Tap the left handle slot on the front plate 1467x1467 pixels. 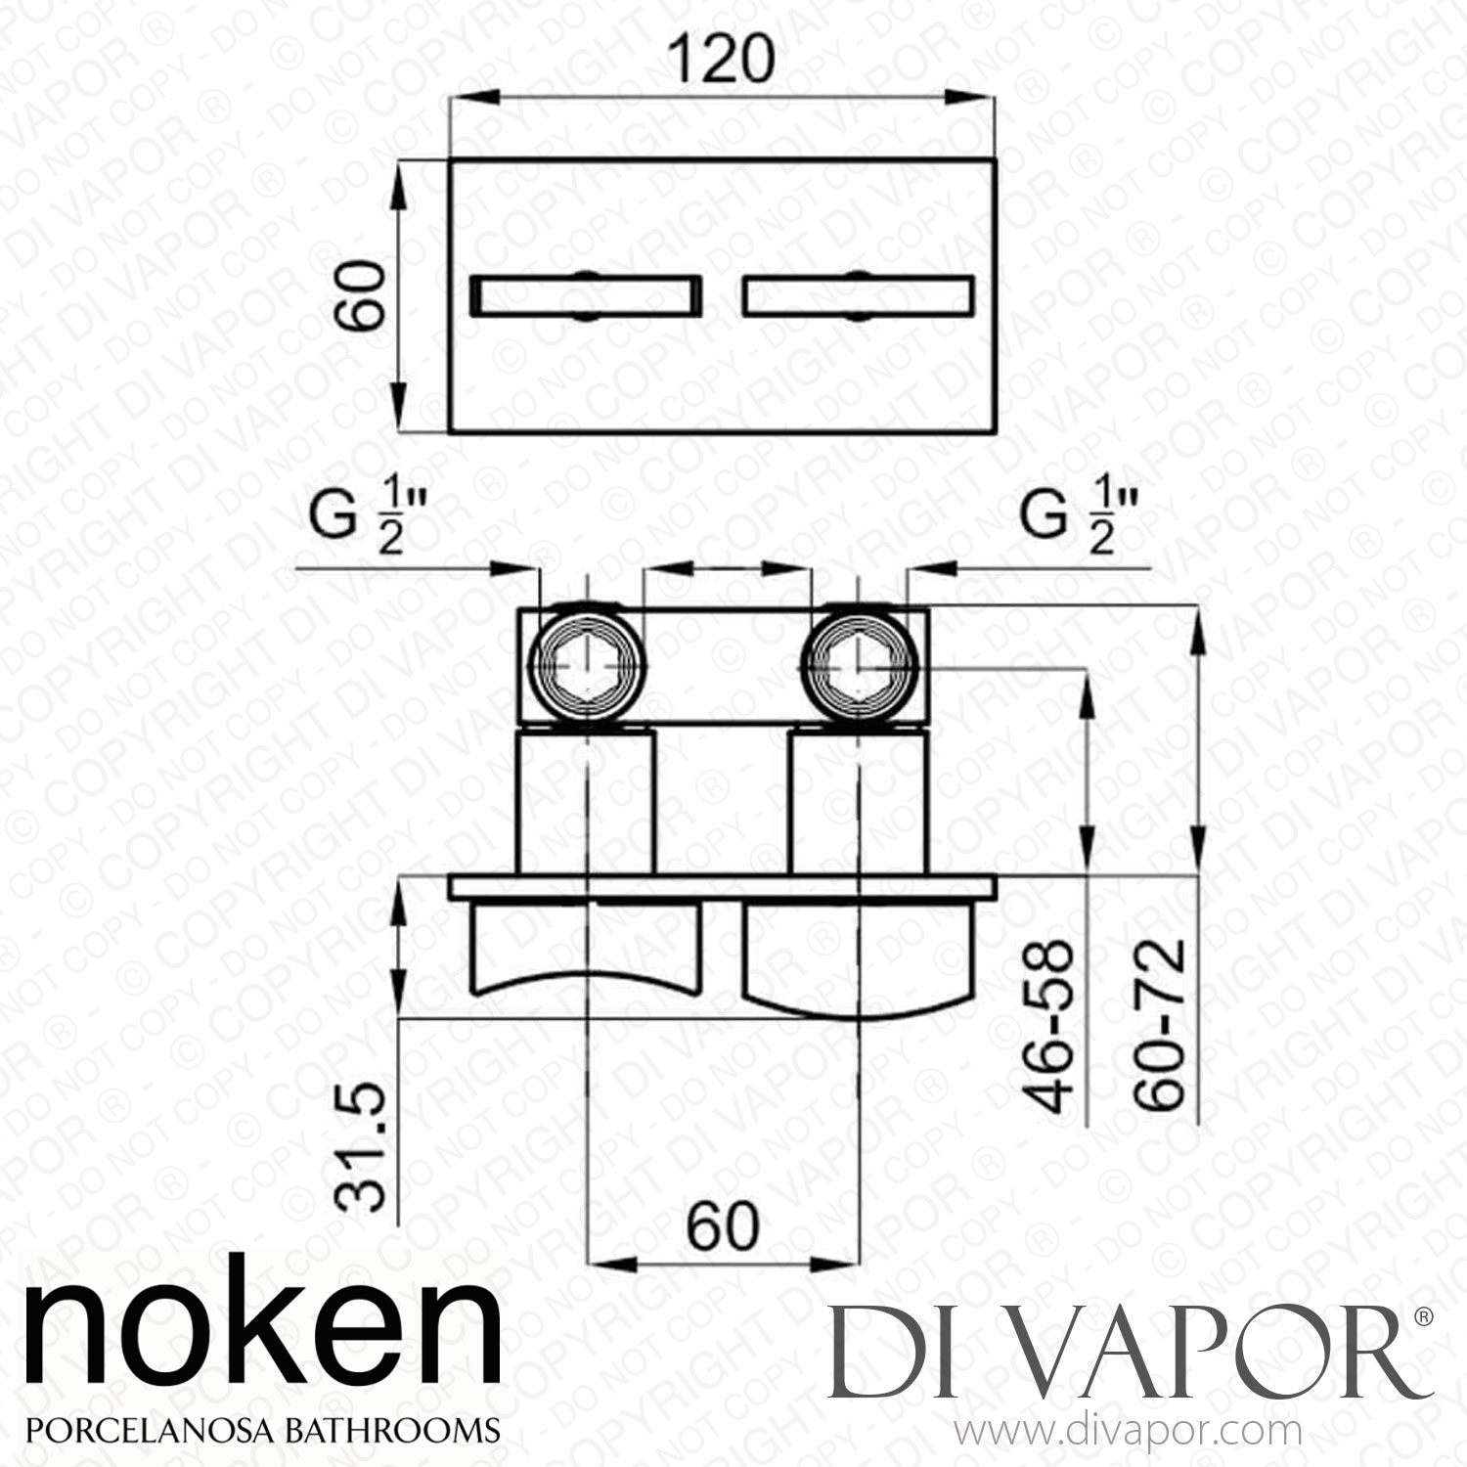(587, 296)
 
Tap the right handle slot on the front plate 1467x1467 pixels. (858, 296)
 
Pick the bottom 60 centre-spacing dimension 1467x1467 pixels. (723, 1224)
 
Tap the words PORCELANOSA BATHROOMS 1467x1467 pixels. (261, 1429)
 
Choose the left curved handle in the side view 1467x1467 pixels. (587, 944)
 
